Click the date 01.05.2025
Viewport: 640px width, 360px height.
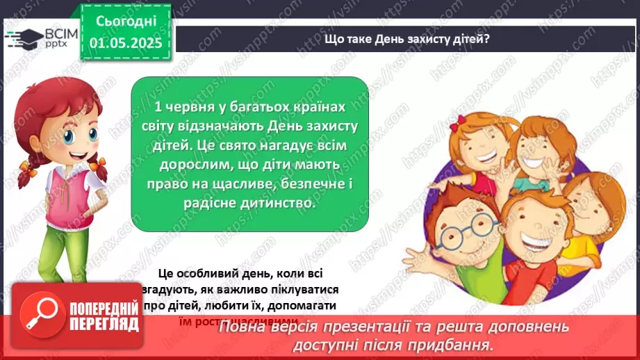[125, 43]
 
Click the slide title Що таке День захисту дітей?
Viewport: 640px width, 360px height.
[407, 38]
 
